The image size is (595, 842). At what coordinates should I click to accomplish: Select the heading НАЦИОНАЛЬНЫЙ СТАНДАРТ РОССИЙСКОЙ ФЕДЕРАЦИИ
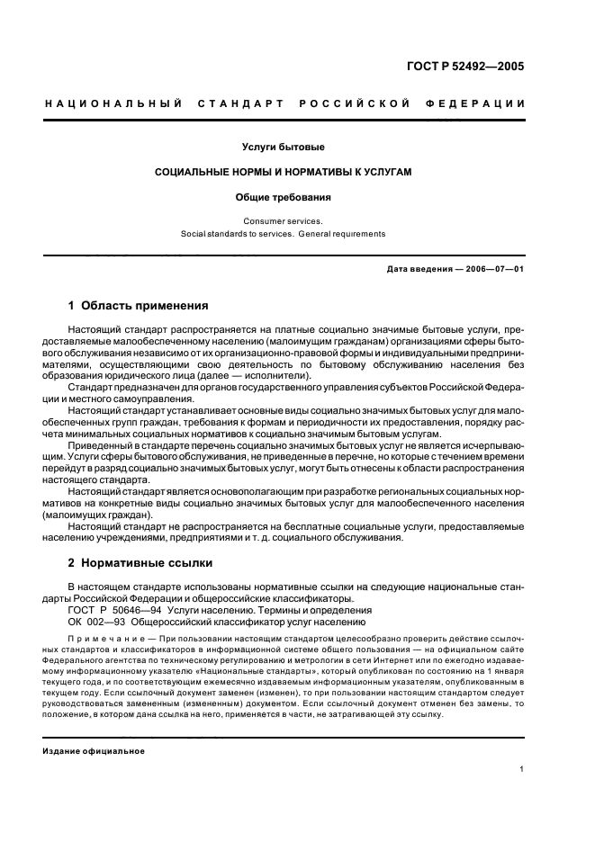(x=284, y=104)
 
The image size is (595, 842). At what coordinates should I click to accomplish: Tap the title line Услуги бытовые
(x=284, y=147)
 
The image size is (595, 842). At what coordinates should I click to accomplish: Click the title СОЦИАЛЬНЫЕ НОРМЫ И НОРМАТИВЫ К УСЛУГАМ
(x=284, y=171)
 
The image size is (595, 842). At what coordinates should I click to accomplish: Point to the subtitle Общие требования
(x=284, y=196)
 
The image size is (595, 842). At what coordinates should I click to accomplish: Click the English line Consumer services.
(x=284, y=220)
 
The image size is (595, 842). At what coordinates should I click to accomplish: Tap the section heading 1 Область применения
(x=139, y=306)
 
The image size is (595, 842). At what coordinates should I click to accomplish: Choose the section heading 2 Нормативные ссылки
(x=141, y=563)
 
